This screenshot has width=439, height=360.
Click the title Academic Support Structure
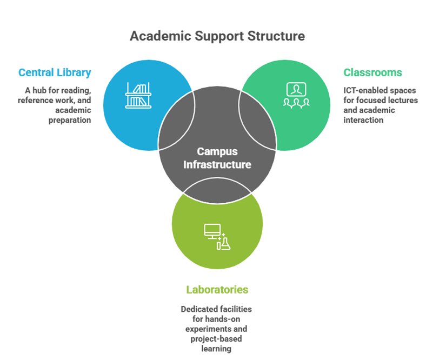[x=217, y=36]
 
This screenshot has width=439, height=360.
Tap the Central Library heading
[x=55, y=72]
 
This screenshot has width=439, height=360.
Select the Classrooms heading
[x=373, y=72]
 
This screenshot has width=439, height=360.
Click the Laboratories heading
[x=217, y=289]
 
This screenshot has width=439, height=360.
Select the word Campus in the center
[x=217, y=152]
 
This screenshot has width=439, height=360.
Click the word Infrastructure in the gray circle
[x=217, y=164]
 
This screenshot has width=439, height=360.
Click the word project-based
[x=216, y=338]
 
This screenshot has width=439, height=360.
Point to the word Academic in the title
[x=155, y=36]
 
